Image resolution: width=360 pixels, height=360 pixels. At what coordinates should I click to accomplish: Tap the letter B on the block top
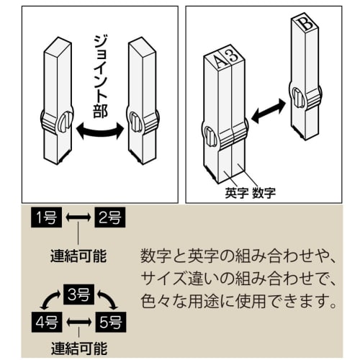(x=305, y=23)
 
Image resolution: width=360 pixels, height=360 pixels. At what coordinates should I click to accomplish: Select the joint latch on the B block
(x=296, y=95)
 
